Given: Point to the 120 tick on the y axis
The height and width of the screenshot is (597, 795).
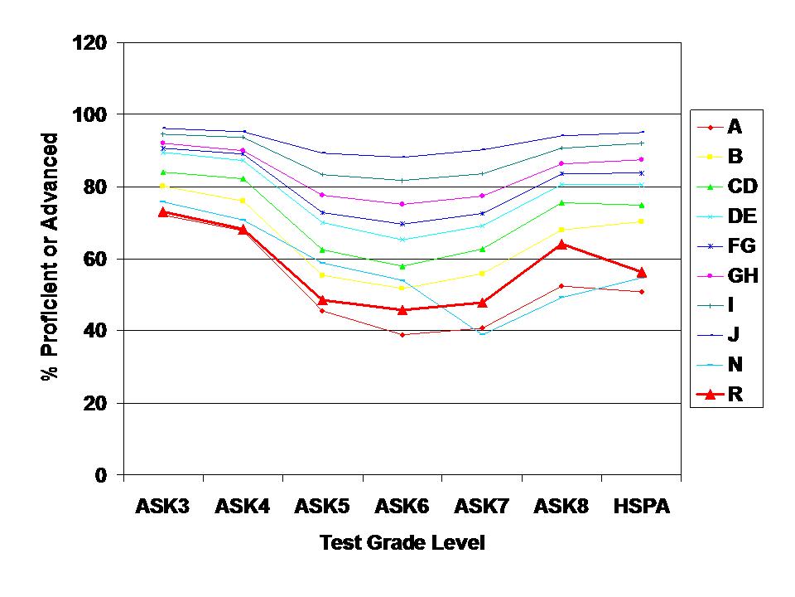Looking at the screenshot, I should (91, 41).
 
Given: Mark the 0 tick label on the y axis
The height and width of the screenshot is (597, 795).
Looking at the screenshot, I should (101, 475).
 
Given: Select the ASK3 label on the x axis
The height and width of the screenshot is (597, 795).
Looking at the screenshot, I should (162, 507).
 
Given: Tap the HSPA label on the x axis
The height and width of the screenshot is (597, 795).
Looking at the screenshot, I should (641, 507).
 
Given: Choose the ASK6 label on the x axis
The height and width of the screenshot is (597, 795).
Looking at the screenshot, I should (402, 507).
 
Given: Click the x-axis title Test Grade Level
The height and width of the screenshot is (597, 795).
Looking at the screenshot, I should (402, 544).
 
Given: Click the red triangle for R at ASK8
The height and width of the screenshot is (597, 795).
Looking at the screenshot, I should (561, 245).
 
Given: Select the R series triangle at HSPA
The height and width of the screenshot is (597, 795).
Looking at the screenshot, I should (641, 272).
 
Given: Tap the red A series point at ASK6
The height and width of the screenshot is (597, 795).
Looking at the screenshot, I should (402, 335).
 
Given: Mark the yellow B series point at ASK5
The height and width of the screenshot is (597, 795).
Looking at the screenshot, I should (322, 274).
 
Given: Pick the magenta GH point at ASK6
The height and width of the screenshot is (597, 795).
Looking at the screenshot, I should (402, 204).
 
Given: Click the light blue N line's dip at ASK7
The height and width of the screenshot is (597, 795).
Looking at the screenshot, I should (482, 333).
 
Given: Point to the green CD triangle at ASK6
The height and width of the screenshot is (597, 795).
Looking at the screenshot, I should (402, 266).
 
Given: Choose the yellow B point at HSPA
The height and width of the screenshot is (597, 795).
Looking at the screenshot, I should (641, 221).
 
